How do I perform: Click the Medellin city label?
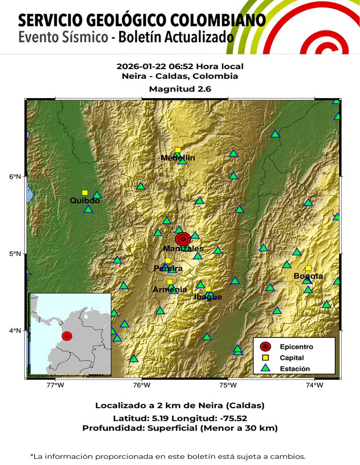tap(178, 158)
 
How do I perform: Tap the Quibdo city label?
tap(85, 201)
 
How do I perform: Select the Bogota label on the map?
tap(308, 276)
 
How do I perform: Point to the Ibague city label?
tap(208, 297)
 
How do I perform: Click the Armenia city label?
tap(170, 290)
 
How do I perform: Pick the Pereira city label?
tap(168, 268)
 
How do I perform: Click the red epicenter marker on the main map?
tap(183, 239)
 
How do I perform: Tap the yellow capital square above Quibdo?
tap(85, 193)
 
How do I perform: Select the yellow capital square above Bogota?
tap(308, 268)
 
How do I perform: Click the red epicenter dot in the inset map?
tap(67, 336)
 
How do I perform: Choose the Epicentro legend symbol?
tap(265, 347)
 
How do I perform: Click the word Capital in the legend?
tap(291, 358)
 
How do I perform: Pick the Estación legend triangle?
tap(265, 368)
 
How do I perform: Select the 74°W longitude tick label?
tap(315, 385)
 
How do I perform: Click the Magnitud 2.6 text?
tap(180, 89)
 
